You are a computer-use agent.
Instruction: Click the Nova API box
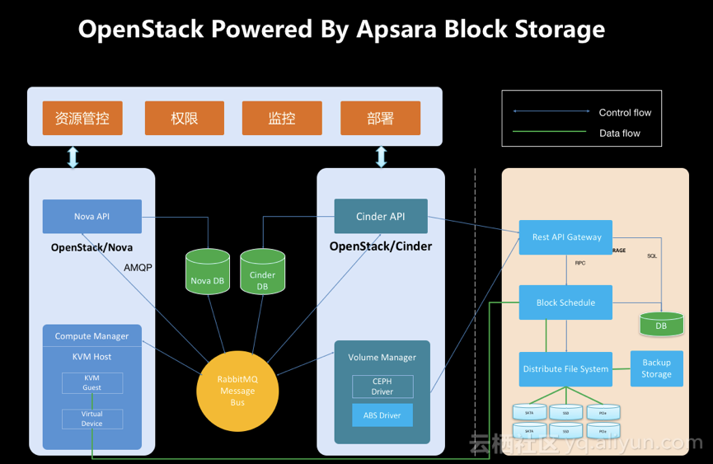click(91, 217)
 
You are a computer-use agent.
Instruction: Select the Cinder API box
click(380, 216)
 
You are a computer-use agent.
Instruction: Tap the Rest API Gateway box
click(566, 237)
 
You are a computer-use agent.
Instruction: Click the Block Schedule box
click(565, 302)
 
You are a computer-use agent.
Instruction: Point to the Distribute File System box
click(565, 369)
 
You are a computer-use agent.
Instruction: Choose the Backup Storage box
click(656, 368)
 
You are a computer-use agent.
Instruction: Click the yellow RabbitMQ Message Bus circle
click(237, 391)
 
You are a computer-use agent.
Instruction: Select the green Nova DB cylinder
click(207, 271)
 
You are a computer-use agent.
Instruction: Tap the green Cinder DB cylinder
click(262, 271)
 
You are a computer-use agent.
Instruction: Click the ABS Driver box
click(382, 415)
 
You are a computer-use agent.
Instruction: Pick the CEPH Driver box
click(382, 387)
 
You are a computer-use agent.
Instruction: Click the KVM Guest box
click(91, 382)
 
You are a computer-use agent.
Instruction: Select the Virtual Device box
click(91, 419)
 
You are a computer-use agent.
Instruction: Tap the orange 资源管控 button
click(82, 118)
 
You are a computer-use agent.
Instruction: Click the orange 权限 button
click(184, 118)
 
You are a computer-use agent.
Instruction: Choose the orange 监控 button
click(281, 118)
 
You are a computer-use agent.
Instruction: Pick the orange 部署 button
click(380, 118)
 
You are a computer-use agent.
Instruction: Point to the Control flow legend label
click(625, 113)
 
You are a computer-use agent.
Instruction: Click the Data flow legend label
click(619, 134)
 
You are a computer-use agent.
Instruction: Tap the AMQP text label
click(138, 268)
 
